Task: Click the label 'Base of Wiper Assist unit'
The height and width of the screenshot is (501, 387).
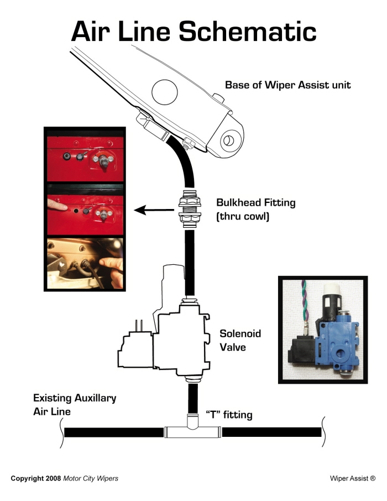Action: point(287,85)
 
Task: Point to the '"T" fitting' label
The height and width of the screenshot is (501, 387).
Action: point(229,415)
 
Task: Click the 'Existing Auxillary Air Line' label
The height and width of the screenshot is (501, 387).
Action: point(74,405)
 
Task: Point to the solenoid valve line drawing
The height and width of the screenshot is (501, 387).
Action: point(166,337)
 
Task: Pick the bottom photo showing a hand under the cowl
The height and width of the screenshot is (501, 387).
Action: point(85,262)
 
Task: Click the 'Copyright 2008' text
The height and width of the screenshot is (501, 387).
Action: point(36,477)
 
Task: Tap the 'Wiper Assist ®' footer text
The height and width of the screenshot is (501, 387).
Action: point(353,477)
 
